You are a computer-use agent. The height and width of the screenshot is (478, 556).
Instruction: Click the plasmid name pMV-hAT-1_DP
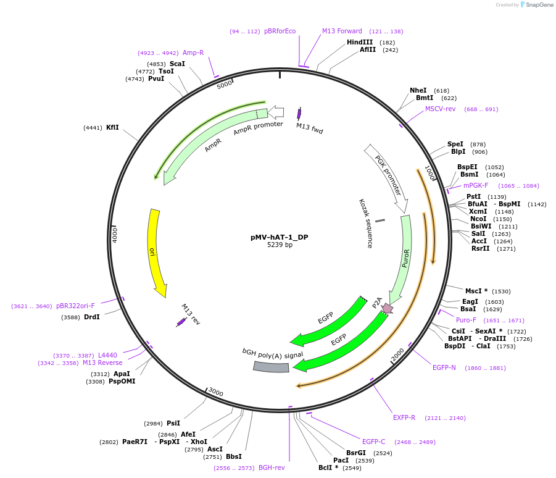(x=279, y=237)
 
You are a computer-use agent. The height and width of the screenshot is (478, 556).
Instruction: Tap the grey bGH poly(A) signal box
(x=271, y=366)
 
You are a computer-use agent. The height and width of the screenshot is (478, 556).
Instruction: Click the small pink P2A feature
(x=387, y=308)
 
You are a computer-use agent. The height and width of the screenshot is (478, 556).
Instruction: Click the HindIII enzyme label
(x=360, y=42)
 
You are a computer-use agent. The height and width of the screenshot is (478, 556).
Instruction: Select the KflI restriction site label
(x=112, y=127)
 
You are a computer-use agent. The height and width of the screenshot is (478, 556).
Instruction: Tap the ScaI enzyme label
(x=177, y=64)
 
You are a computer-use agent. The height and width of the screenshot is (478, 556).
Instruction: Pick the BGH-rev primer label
(x=272, y=468)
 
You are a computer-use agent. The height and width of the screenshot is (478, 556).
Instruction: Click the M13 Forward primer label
(x=342, y=31)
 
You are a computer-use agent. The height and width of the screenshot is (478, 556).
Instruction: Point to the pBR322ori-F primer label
(x=75, y=306)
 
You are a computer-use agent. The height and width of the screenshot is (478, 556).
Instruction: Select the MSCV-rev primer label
(x=440, y=109)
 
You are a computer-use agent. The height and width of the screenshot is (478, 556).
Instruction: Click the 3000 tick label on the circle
(x=215, y=392)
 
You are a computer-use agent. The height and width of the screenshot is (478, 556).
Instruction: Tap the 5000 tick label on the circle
(x=225, y=84)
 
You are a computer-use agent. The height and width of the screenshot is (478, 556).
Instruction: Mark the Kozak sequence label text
(x=366, y=224)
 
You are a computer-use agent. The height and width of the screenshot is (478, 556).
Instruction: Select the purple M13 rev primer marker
(x=181, y=322)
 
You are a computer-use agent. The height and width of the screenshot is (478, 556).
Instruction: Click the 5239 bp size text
(x=280, y=245)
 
